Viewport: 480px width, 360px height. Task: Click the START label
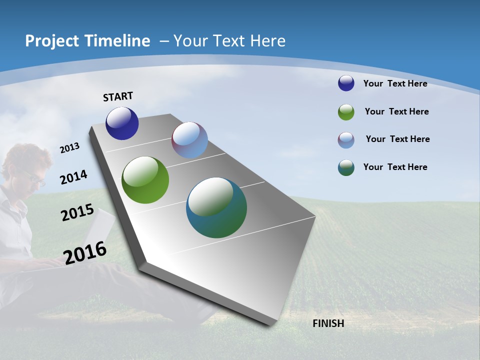(118, 96)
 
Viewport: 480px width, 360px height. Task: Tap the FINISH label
(328, 323)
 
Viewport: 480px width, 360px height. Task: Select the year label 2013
(69, 148)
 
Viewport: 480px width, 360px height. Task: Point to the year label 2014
(74, 177)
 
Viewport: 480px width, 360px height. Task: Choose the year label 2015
(77, 212)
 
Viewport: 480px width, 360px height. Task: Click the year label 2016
(85, 252)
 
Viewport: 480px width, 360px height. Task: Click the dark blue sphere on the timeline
(122, 123)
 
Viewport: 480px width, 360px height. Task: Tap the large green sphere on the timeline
(145, 180)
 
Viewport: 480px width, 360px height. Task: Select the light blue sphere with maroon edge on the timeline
(189, 140)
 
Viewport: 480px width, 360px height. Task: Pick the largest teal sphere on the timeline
(216, 207)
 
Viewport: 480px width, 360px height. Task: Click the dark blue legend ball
(346, 83)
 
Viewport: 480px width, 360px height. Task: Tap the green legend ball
(346, 112)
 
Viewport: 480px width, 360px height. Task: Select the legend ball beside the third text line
(346, 140)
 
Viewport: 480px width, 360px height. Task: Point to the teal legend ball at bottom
(346, 167)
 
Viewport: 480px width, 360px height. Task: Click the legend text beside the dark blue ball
(395, 83)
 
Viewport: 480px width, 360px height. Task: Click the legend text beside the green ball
(396, 111)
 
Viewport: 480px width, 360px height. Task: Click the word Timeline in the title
(118, 41)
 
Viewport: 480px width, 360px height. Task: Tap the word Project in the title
(51, 41)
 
